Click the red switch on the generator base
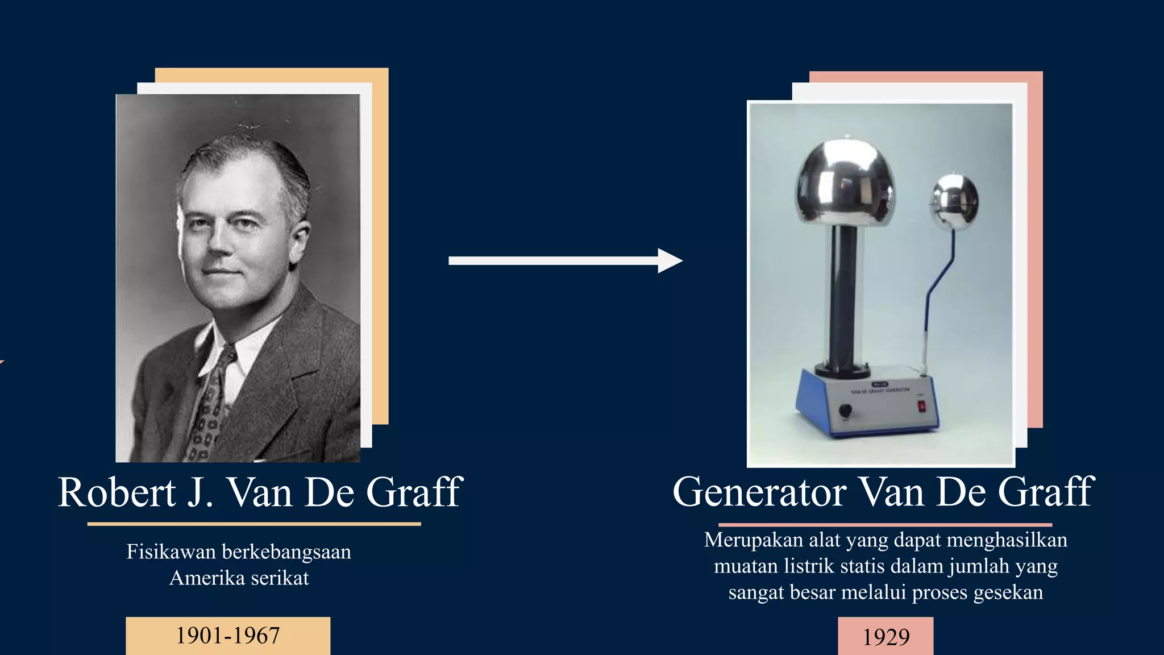(x=921, y=406)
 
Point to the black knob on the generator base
(x=845, y=410)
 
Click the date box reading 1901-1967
(x=228, y=636)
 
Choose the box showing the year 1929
(x=886, y=637)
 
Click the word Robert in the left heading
(x=117, y=492)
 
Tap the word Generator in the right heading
(x=759, y=492)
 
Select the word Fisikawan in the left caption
(x=171, y=552)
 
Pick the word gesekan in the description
(x=1008, y=592)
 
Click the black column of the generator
(x=843, y=296)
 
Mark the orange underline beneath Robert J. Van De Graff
(x=254, y=524)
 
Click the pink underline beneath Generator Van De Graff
(x=885, y=525)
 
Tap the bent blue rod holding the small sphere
(x=938, y=284)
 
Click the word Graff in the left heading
(x=414, y=492)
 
